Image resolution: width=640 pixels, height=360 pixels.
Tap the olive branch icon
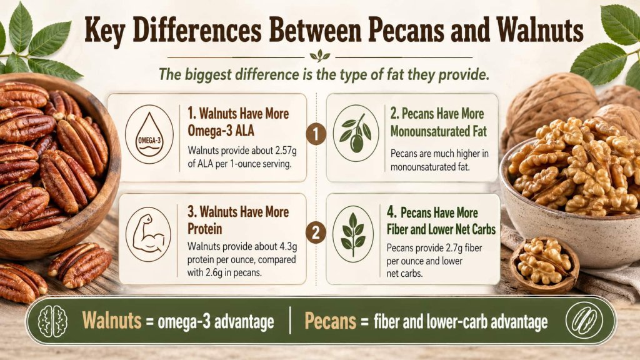click(355, 133)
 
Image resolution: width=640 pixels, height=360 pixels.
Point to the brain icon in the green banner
click(52, 322)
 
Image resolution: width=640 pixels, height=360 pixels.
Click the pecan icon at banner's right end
click(584, 321)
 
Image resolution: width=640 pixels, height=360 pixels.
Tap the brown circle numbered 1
click(317, 133)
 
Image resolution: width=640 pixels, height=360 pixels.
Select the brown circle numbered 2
click(317, 233)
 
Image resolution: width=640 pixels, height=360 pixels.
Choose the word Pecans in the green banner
click(331, 322)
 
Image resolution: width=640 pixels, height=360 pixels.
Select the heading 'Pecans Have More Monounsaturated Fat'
click(437, 122)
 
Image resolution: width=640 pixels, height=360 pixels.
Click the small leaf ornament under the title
click(320, 55)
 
